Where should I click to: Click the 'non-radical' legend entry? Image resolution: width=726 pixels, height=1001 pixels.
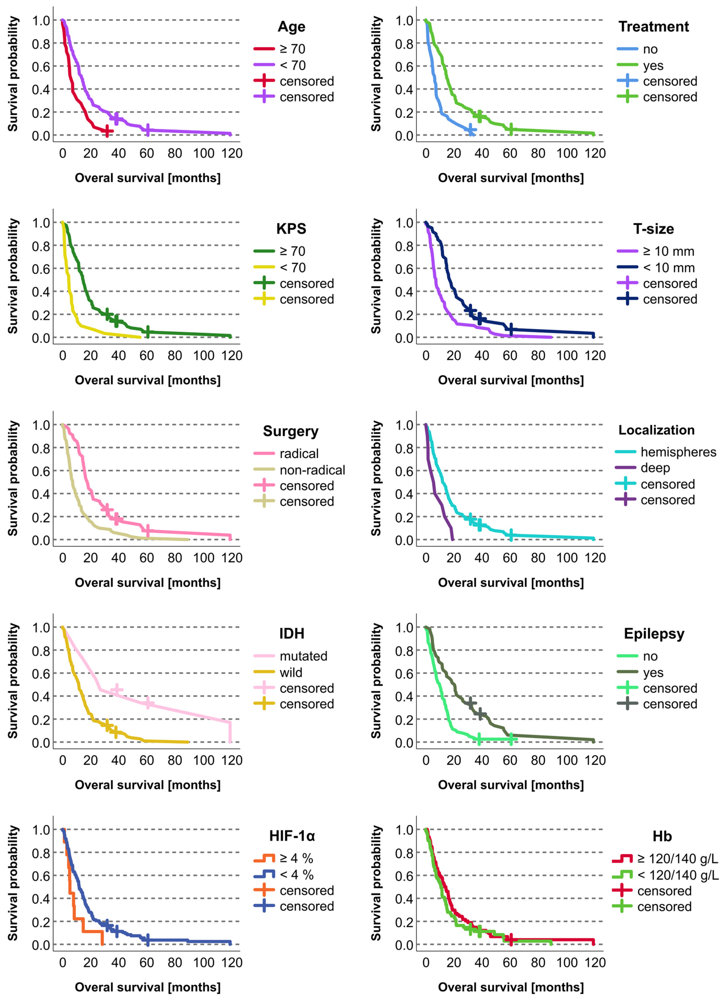pos(312,470)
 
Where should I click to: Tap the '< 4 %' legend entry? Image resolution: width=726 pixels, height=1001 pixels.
pos(296,875)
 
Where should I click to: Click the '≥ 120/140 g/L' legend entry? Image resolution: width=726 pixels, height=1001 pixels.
pos(677,859)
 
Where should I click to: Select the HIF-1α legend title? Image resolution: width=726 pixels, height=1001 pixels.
pos(292,836)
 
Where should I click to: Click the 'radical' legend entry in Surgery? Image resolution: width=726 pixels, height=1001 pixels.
pos(299,454)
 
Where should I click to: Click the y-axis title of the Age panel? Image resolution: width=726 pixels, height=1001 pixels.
pos(13,74)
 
